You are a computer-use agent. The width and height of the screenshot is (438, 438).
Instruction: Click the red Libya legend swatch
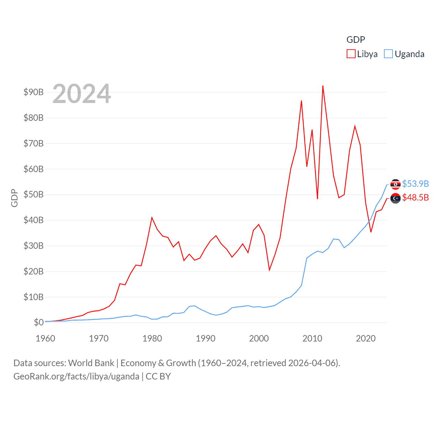(351, 54)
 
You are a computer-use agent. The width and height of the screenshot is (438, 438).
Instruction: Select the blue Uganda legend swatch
(388, 54)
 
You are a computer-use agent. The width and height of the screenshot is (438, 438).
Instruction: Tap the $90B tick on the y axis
(34, 92)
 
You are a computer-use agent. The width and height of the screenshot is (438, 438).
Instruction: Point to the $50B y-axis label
(34, 194)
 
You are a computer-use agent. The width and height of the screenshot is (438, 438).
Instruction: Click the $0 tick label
(39, 322)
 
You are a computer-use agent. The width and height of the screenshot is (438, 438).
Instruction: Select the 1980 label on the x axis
(152, 338)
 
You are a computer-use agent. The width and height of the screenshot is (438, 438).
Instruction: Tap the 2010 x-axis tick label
(312, 338)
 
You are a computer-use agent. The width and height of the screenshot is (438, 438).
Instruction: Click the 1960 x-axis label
(46, 338)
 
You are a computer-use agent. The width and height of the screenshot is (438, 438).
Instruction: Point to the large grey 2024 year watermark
(82, 94)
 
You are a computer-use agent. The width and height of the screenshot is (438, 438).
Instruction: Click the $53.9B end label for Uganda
(415, 184)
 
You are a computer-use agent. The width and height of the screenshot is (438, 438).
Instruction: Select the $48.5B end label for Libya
(415, 197)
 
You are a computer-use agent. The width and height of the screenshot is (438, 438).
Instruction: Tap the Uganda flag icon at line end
(396, 184)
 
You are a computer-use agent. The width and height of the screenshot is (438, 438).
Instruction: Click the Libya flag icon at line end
(396, 198)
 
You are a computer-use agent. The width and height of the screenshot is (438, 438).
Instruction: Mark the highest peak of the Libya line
(323, 86)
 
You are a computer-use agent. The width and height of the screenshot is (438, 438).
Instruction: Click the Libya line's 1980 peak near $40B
(152, 218)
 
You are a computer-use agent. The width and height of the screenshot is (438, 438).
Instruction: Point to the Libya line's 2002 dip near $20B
(269, 270)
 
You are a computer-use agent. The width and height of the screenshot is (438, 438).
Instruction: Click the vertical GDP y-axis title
(14, 198)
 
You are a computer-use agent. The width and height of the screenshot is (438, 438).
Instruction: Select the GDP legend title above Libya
(356, 40)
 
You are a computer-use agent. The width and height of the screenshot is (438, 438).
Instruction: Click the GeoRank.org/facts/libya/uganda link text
(76, 376)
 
